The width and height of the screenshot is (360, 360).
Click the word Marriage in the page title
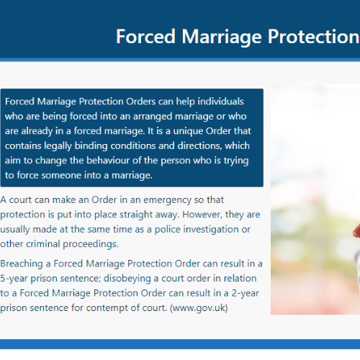click(x=221, y=37)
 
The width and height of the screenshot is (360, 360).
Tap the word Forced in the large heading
click(x=145, y=36)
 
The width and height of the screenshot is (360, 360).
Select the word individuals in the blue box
click(x=220, y=102)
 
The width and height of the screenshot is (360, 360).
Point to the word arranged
click(x=153, y=117)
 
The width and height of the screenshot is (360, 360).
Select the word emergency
click(x=167, y=200)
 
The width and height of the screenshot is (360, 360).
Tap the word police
click(x=167, y=230)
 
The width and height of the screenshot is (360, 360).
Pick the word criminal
click(x=43, y=244)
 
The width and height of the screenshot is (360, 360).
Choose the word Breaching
click(x=22, y=264)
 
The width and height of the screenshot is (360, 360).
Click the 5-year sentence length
click(x=14, y=279)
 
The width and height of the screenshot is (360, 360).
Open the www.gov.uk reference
click(x=199, y=308)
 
